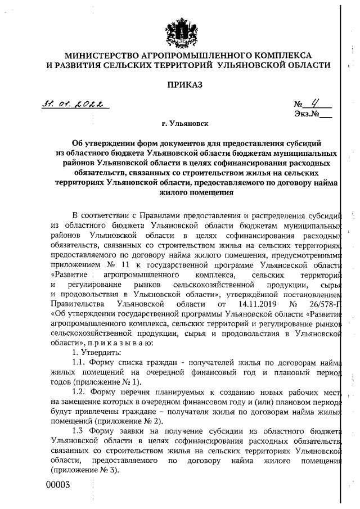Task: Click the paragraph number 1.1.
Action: pyautogui.click(x=80, y=362)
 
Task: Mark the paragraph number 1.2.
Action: pyautogui.click(x=80, y=391)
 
